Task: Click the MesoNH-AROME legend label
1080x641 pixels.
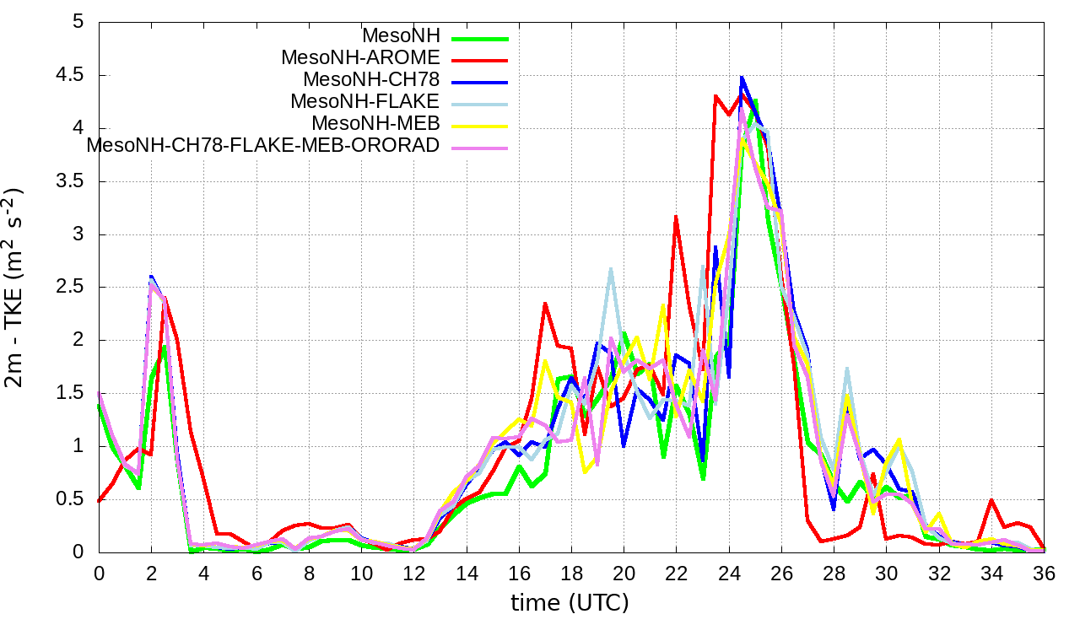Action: point(360,58)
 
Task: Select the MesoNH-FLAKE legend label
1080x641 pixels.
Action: point(364,101)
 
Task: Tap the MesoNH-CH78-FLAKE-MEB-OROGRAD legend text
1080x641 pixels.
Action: point(263,145)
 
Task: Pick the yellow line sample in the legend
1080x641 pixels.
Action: point(479,125)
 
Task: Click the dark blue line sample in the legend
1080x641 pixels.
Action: point(479,82)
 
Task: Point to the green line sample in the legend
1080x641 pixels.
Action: point(479,38)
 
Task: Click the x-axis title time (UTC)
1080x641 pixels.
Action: point(570,603)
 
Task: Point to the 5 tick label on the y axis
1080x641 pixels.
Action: point(78,22)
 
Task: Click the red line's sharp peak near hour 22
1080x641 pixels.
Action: point(676,217)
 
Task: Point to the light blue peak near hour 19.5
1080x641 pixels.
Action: point(610,269)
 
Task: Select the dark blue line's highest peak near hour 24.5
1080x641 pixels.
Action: point(742,78)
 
